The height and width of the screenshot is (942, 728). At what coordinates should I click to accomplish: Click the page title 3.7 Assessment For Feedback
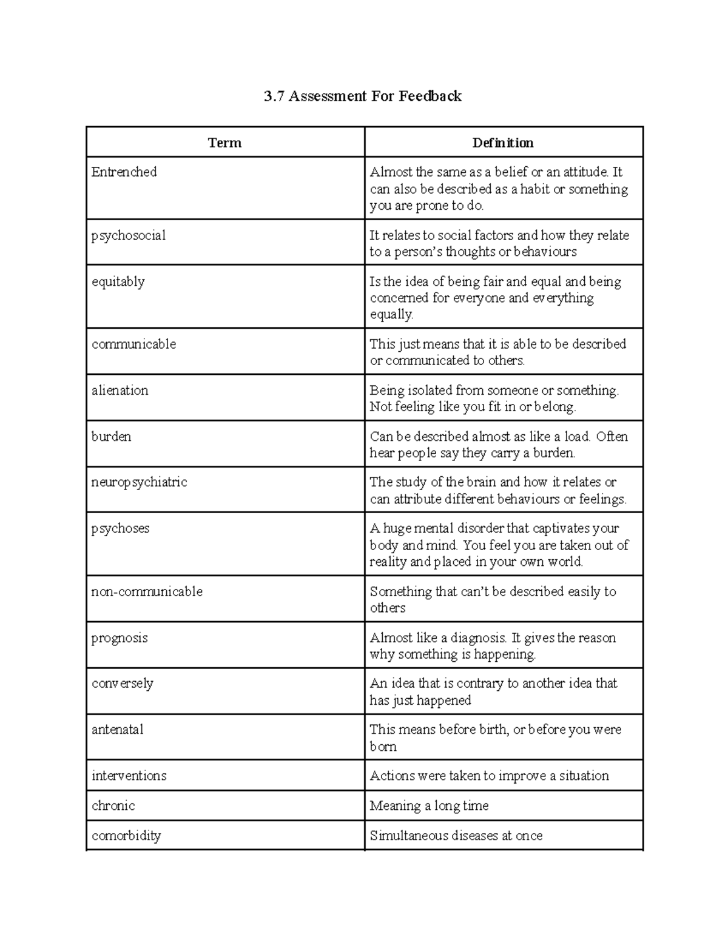[363, 96]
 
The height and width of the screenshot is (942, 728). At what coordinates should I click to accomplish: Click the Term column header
[224, 143]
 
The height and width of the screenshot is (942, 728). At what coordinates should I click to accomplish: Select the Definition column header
[503, 143]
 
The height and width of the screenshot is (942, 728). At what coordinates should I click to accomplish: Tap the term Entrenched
[124, 172]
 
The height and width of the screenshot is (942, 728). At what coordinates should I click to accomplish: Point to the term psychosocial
[129, 236]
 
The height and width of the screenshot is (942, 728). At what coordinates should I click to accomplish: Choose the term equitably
[118, 282]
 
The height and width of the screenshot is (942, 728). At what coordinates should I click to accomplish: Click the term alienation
[120, 391]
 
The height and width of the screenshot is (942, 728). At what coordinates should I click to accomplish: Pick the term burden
[112, 437]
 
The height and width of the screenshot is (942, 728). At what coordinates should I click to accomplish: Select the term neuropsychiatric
[140, 483]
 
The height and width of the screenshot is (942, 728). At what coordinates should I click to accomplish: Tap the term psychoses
[121, 529]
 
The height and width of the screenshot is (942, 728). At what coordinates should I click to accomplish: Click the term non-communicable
[147, 592]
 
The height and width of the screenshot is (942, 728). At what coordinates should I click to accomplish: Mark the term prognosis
[120, 638]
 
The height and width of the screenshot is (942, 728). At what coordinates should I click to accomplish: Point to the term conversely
[123, 684]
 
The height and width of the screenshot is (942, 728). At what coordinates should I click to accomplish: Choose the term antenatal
[118, 730]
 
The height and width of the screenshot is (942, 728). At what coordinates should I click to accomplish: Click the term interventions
[129, 776]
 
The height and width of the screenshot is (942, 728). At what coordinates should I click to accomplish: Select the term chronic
[113, 806]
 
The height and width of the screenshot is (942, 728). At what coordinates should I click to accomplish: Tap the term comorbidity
[126, 836]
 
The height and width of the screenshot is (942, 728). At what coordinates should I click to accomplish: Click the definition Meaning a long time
[429, 806]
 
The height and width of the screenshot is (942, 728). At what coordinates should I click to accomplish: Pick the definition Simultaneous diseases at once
[456, 836]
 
